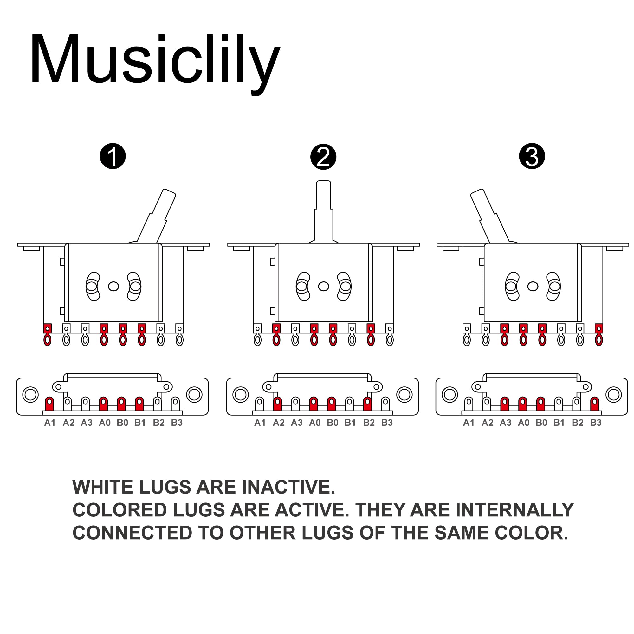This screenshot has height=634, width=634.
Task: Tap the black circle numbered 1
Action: [x=113, y=156]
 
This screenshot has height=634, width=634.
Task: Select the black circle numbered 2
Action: [x=323, y=157]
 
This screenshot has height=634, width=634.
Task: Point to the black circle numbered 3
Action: [x=532, y=156]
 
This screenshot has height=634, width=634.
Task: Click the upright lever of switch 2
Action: [x=324, y=210]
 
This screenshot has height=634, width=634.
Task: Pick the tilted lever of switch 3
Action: [x=489, y=215]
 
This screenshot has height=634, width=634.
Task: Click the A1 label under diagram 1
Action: [x=50, y=423]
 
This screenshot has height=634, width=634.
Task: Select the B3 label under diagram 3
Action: [x=596, y=423]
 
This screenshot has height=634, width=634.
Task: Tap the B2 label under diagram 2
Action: [x=369, y=423]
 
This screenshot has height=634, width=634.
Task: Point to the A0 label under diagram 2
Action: [x=315, y=423]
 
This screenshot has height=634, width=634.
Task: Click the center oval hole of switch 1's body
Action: [x=113, y=286]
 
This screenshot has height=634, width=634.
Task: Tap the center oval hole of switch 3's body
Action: [x=533, y=286]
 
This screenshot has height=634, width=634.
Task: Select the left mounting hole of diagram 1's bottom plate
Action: [x=30, y=394]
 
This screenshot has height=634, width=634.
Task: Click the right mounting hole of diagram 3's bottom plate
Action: [x=614, y=394]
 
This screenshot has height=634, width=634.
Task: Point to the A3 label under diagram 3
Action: [x=505, y=423]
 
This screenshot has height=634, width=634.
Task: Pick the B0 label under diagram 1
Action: [x=122, y=423]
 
